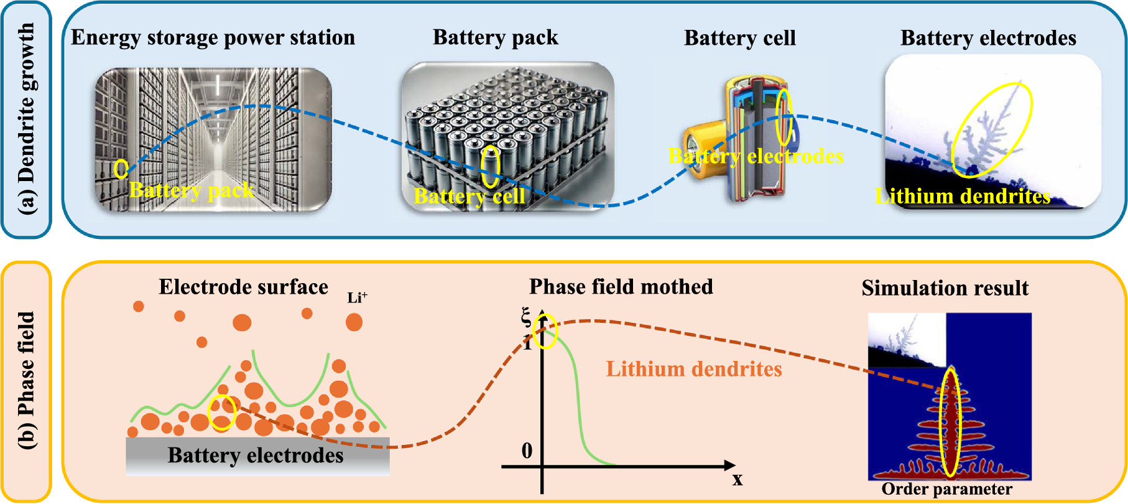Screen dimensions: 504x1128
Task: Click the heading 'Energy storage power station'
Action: point(213,37)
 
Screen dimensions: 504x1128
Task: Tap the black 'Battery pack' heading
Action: point(496,37)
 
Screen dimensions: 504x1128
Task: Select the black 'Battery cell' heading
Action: point(739,38)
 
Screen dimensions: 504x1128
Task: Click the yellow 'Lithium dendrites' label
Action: point(962,197)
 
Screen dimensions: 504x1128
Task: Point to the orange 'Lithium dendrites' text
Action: point(694,369)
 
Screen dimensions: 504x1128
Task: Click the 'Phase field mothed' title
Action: point(621,287)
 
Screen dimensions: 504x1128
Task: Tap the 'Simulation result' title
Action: point(945,288)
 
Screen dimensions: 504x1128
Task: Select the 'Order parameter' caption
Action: point(946,489)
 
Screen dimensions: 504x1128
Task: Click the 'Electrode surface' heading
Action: point(243,287)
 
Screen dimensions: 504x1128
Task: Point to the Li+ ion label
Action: point(357,297)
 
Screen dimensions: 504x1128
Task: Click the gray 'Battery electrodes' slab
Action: point(257,456)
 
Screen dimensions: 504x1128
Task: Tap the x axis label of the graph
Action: point(737,479)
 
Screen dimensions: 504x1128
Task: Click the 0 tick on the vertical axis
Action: point(527,450)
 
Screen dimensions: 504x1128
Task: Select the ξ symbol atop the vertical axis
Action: point(526,318)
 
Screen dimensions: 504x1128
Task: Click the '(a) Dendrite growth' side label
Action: point(26,119)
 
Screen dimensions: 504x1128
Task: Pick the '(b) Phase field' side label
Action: point(26,380)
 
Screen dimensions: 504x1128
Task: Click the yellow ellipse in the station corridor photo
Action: point(121,168)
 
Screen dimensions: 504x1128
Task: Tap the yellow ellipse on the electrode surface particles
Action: point(221,413)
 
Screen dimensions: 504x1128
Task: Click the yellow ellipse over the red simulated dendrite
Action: point(950,423)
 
